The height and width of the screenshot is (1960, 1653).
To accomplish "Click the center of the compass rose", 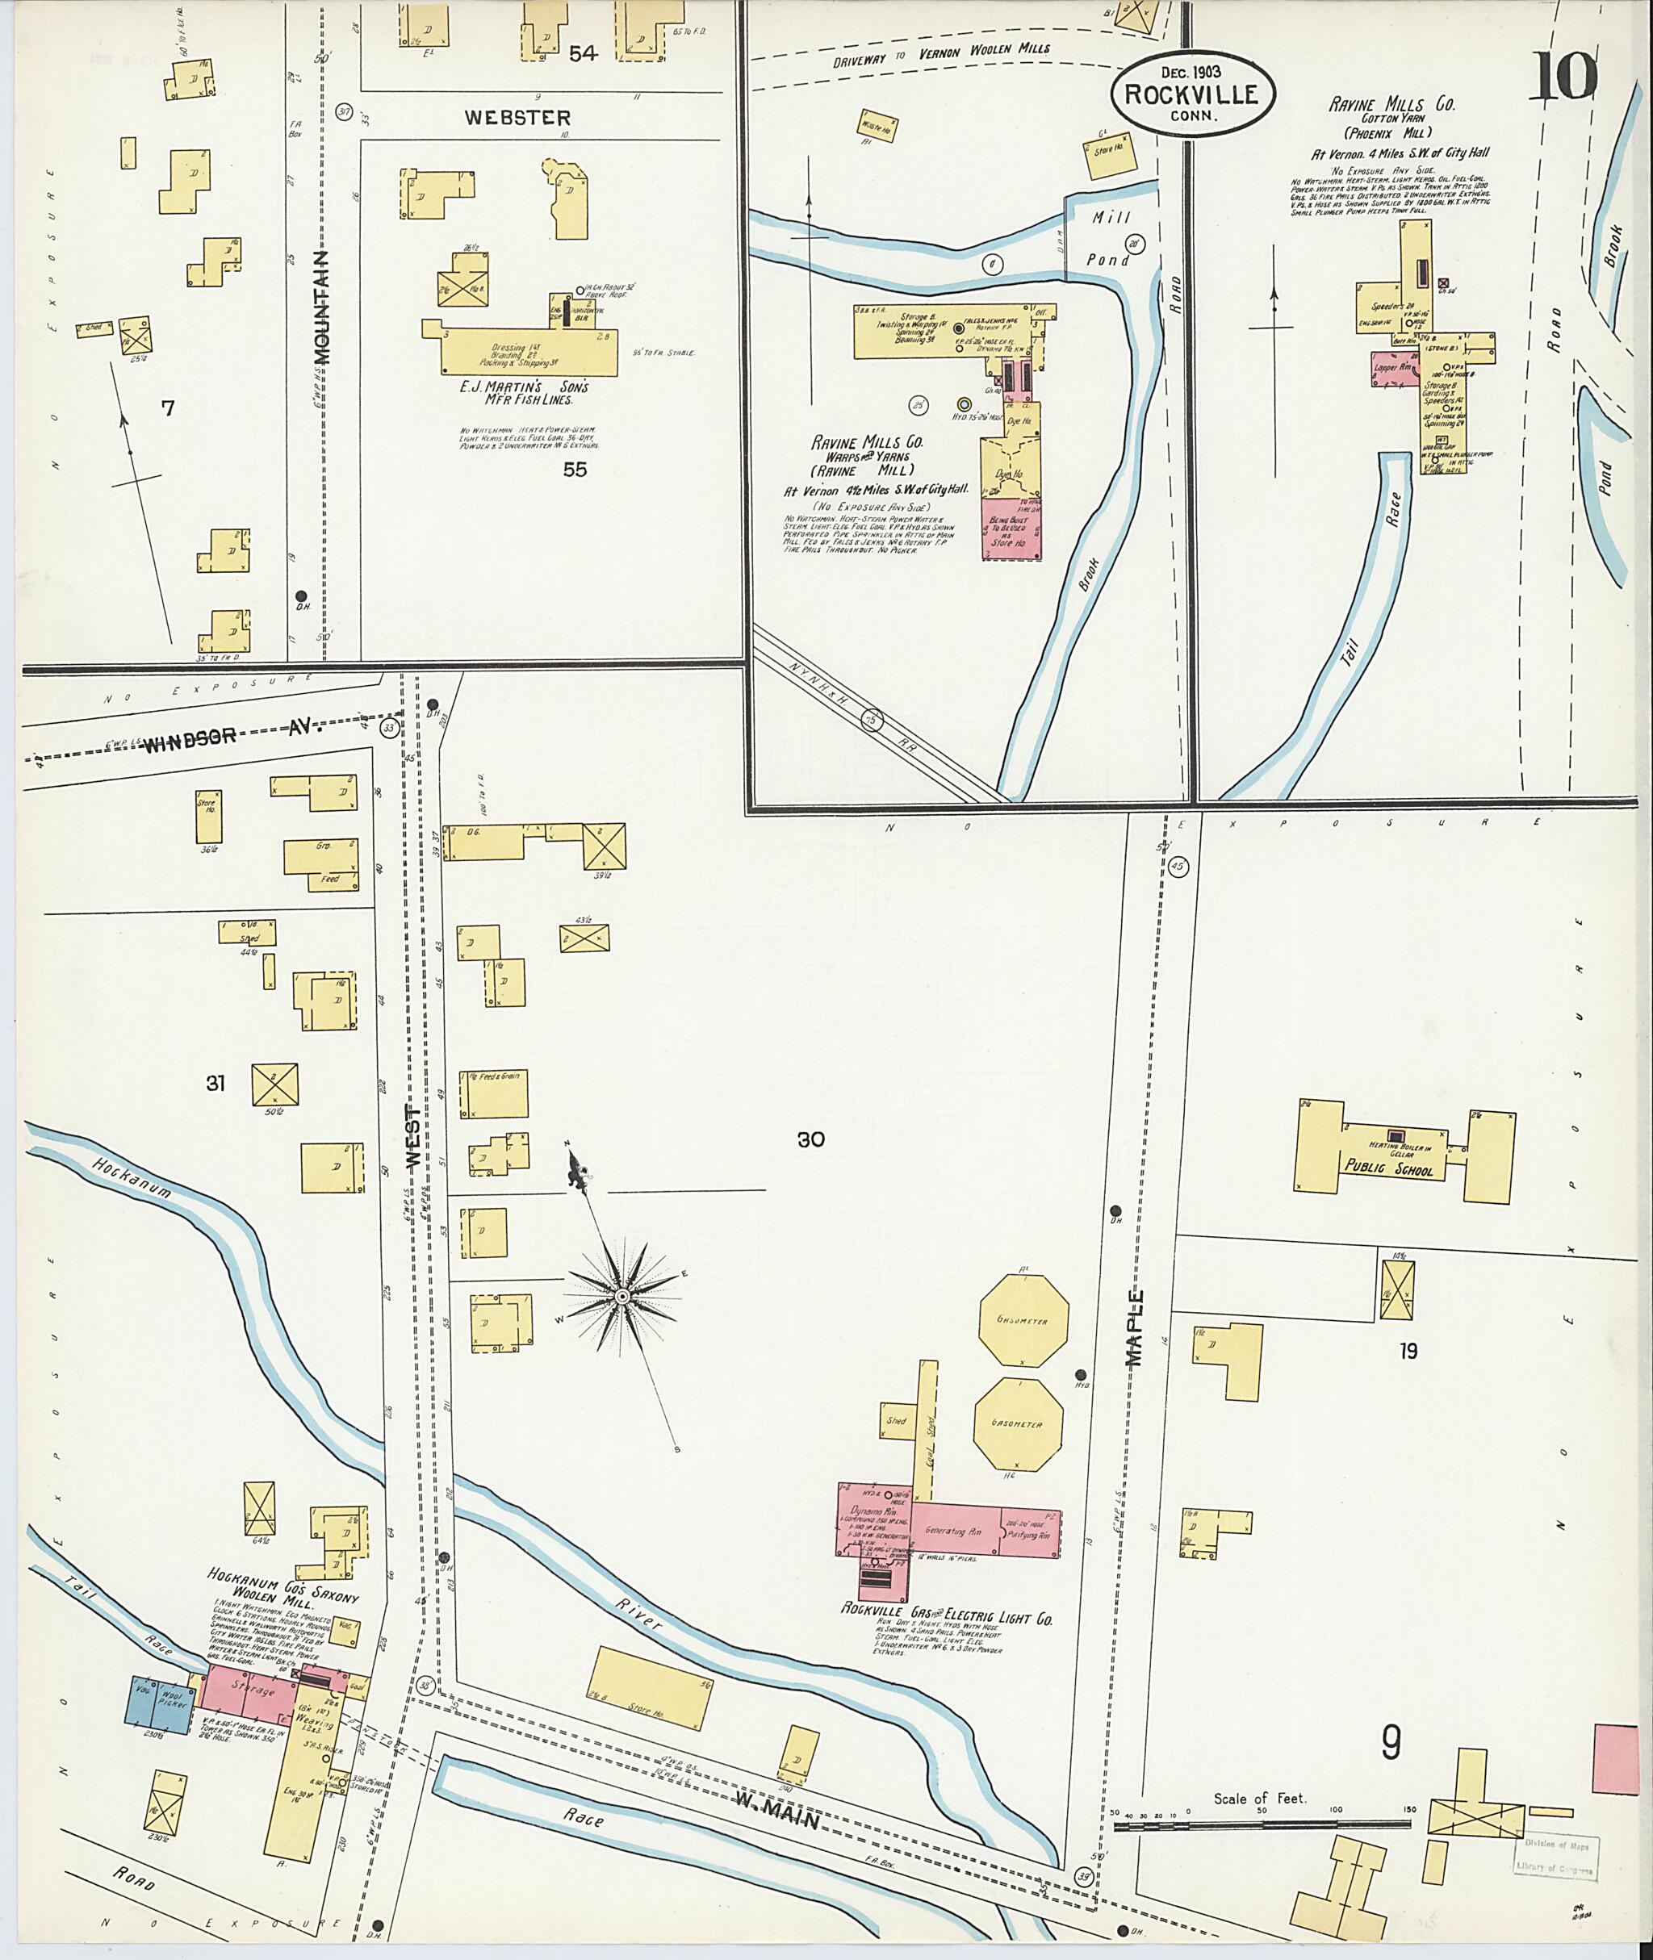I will click(622, 1296).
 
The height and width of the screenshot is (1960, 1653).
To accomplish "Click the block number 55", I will click(575, 470).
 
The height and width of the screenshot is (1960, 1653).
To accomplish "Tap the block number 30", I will click(810, 1139).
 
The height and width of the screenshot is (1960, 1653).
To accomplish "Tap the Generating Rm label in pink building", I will click(952, 1531).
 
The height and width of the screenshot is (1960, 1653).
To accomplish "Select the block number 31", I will click(216, 1084).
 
